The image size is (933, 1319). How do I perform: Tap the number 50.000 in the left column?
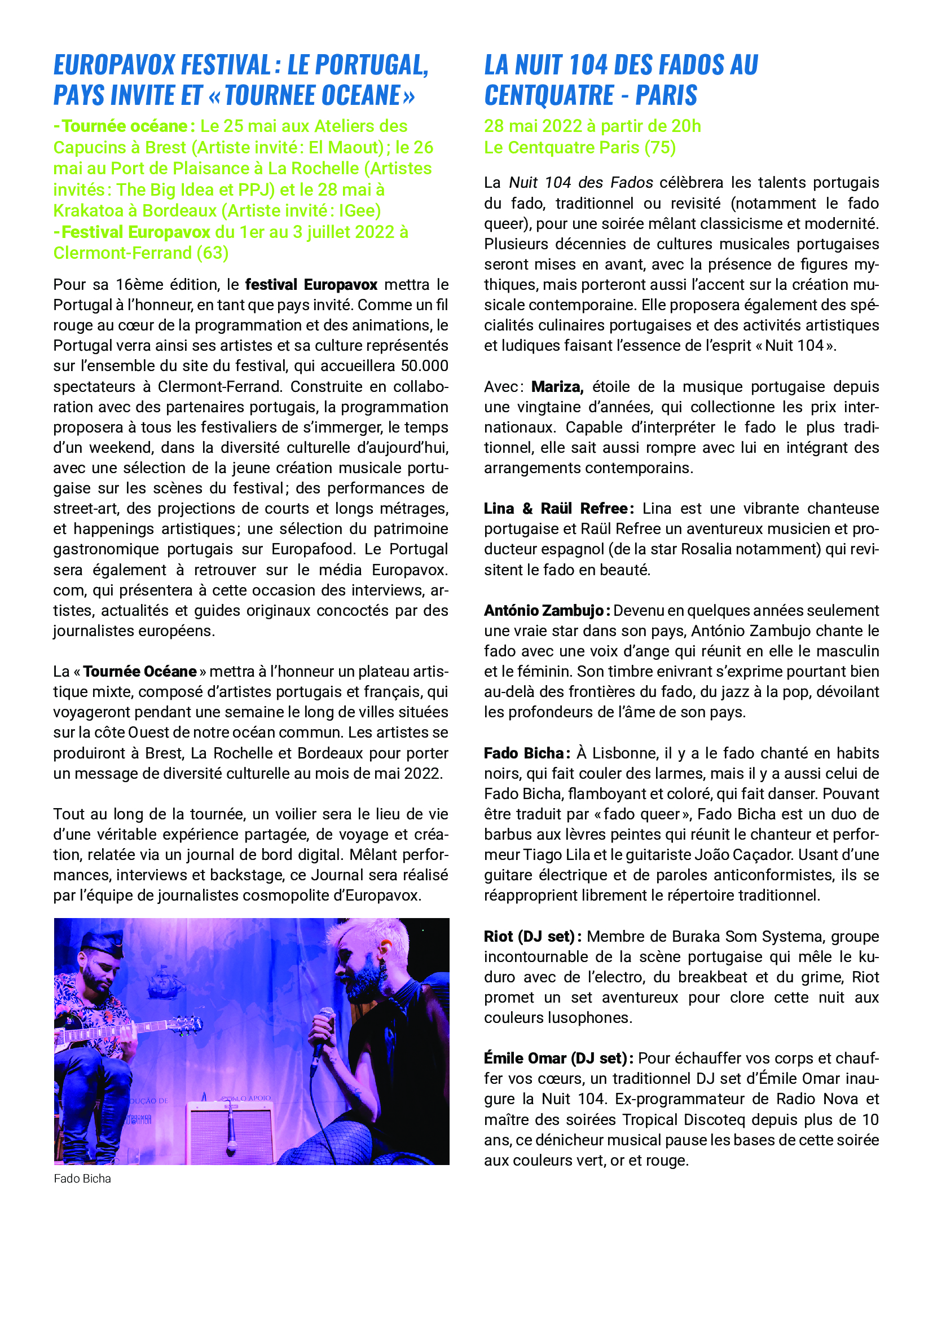click(x=425, y=366)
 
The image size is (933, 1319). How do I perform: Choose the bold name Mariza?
click(x=557, y=387)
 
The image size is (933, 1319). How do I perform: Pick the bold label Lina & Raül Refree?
click(x=558, y=509)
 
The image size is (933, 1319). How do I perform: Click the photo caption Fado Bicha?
click(x=82, y=1178)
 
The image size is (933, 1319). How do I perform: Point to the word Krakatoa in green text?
click(x=90, y=211)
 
